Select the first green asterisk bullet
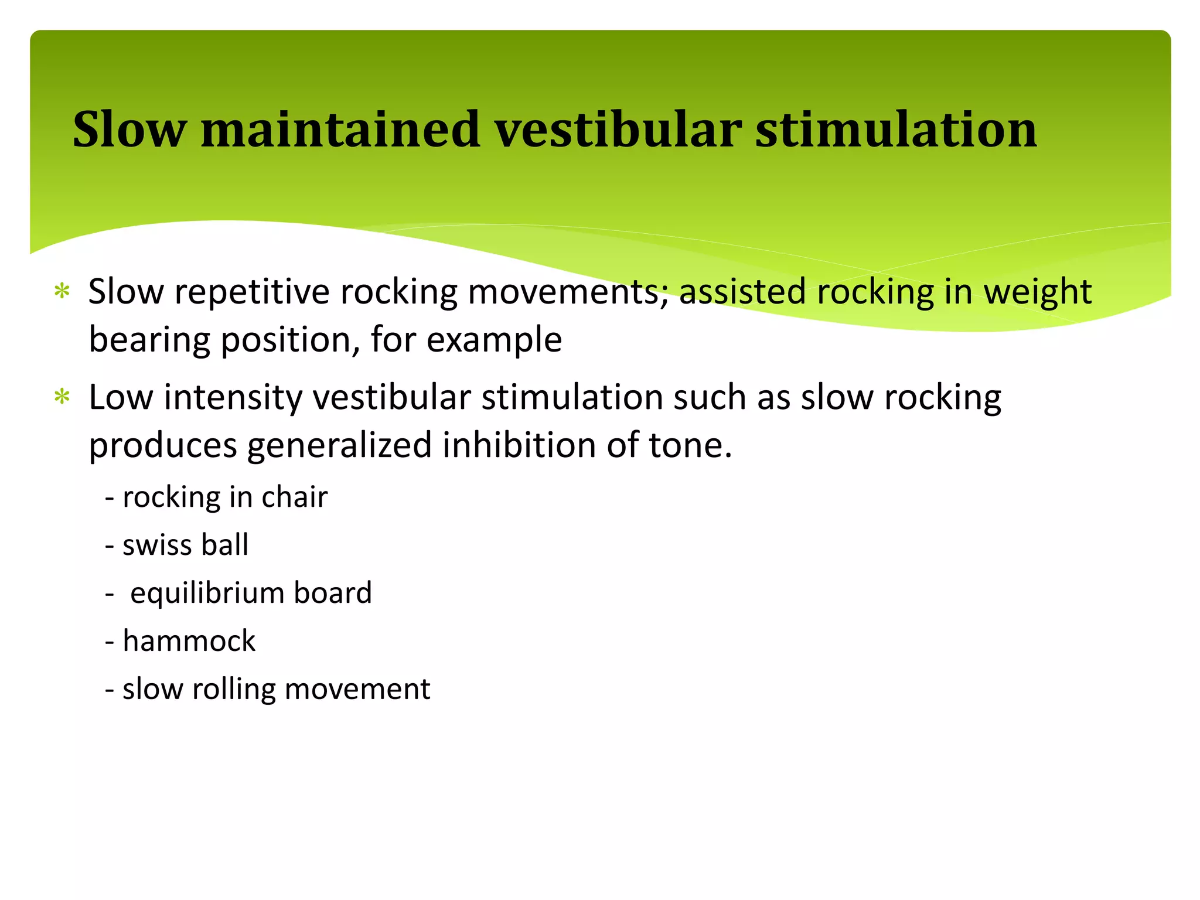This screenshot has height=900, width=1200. coord(62,291)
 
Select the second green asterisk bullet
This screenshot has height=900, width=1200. coord(62,397)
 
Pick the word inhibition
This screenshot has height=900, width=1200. coord(519,445)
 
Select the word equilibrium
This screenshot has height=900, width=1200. coord(206,593)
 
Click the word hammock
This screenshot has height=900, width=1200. coord(189,641)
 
